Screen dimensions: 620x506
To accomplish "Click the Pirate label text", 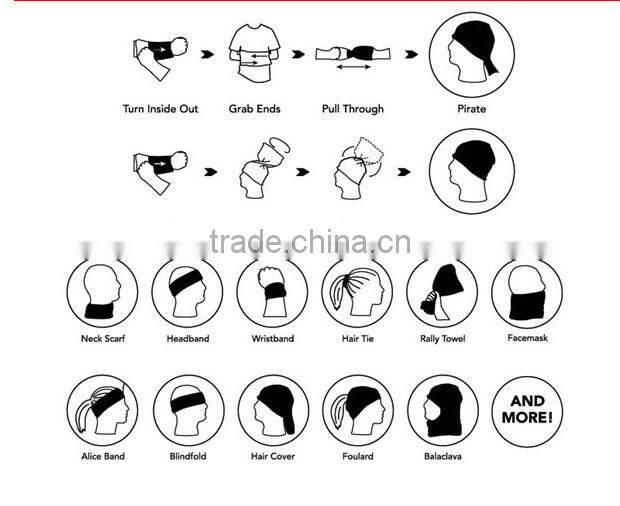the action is coord(471,109).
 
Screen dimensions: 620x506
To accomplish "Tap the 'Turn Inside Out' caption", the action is coord(160,109).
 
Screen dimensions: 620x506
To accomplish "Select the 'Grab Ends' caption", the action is coord(255,109).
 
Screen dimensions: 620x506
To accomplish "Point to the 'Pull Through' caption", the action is coord(353,109).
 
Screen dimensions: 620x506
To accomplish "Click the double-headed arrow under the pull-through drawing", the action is coord(353,67).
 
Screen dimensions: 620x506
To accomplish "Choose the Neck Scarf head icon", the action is coord(102,292).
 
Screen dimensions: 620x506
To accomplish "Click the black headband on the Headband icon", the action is coord(186,282).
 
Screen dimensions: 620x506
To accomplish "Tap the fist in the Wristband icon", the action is coord(270,277).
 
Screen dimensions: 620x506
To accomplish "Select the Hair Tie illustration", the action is coord(357,292).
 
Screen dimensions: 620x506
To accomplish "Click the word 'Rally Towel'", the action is coord(442,339).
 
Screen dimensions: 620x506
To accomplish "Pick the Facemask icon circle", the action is coord(527,293).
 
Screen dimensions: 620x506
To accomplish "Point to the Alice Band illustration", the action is coord(103,410).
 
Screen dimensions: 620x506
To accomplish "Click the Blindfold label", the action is coord(188,456).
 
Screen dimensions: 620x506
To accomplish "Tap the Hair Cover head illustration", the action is coord(275,410).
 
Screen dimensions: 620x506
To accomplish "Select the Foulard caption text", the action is coord(358,456).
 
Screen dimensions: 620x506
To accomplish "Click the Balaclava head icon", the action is coord(444,410).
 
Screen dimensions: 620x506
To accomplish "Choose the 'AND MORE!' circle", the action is coord(527,411).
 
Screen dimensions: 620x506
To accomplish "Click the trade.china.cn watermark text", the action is coord(310,242).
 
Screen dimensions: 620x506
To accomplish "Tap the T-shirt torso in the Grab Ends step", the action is coord(255,53).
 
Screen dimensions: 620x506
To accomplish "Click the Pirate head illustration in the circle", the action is coord(473,51).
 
